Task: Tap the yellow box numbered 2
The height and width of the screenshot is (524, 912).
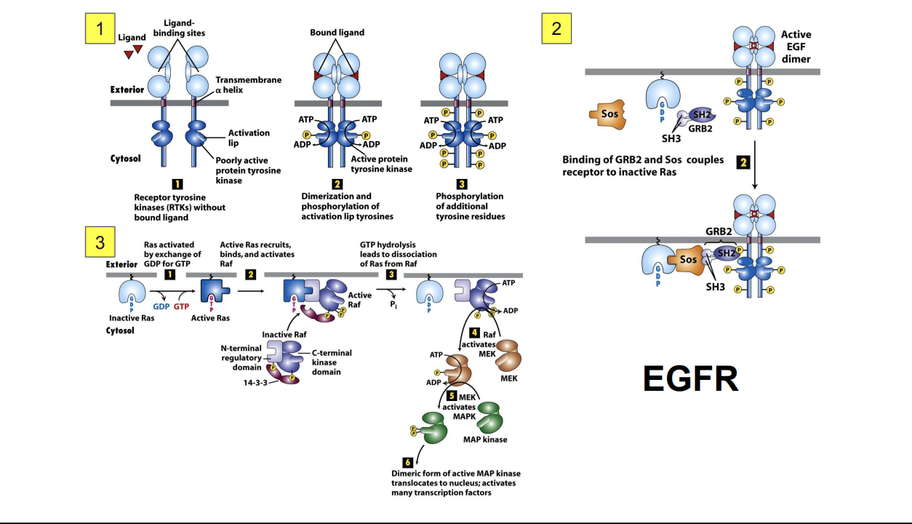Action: [556, 29]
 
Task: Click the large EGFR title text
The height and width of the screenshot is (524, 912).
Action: [690, 378]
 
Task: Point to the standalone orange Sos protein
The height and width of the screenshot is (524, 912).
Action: [609, 114]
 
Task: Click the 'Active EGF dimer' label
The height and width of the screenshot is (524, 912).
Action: [796, 47]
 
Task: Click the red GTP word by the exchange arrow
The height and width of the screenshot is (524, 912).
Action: [181, 306]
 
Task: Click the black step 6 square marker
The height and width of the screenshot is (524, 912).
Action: [407, 462]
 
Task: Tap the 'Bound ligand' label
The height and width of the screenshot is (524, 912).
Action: [337, 33]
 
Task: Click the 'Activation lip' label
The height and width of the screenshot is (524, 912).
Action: [249, 138]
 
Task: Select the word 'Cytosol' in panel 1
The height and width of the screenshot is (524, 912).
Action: [125, 158]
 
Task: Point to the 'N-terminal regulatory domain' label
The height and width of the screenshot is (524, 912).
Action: [241, 357]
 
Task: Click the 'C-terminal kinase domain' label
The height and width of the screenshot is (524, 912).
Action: [332, 362]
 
